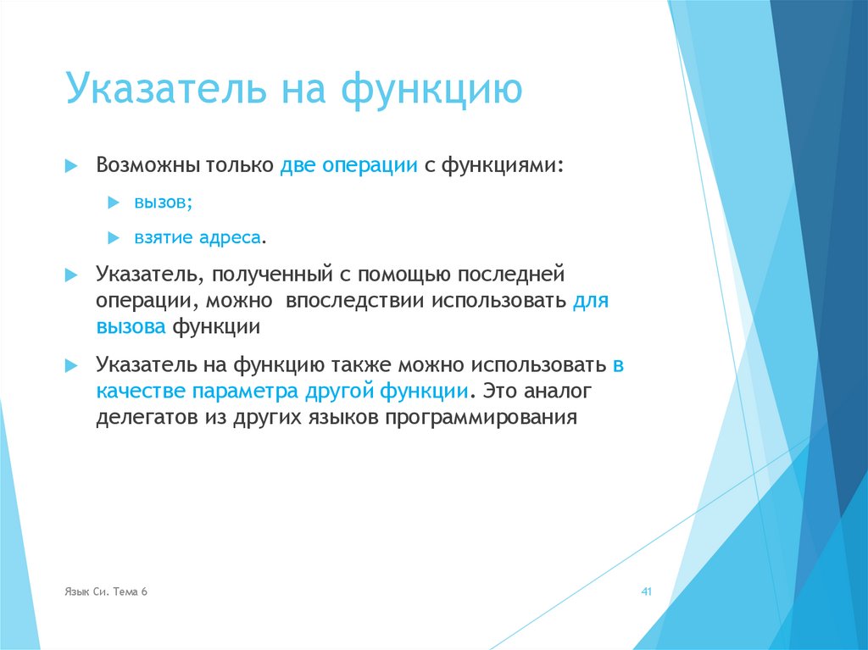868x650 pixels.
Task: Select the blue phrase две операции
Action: tap(348, 164)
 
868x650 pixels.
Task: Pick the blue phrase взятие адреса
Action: tap(197, 237)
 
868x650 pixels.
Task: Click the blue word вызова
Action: tap(131, 327)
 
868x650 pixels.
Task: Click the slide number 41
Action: tap(645, 592)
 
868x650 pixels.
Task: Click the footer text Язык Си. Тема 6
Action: tap(105, 592)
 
